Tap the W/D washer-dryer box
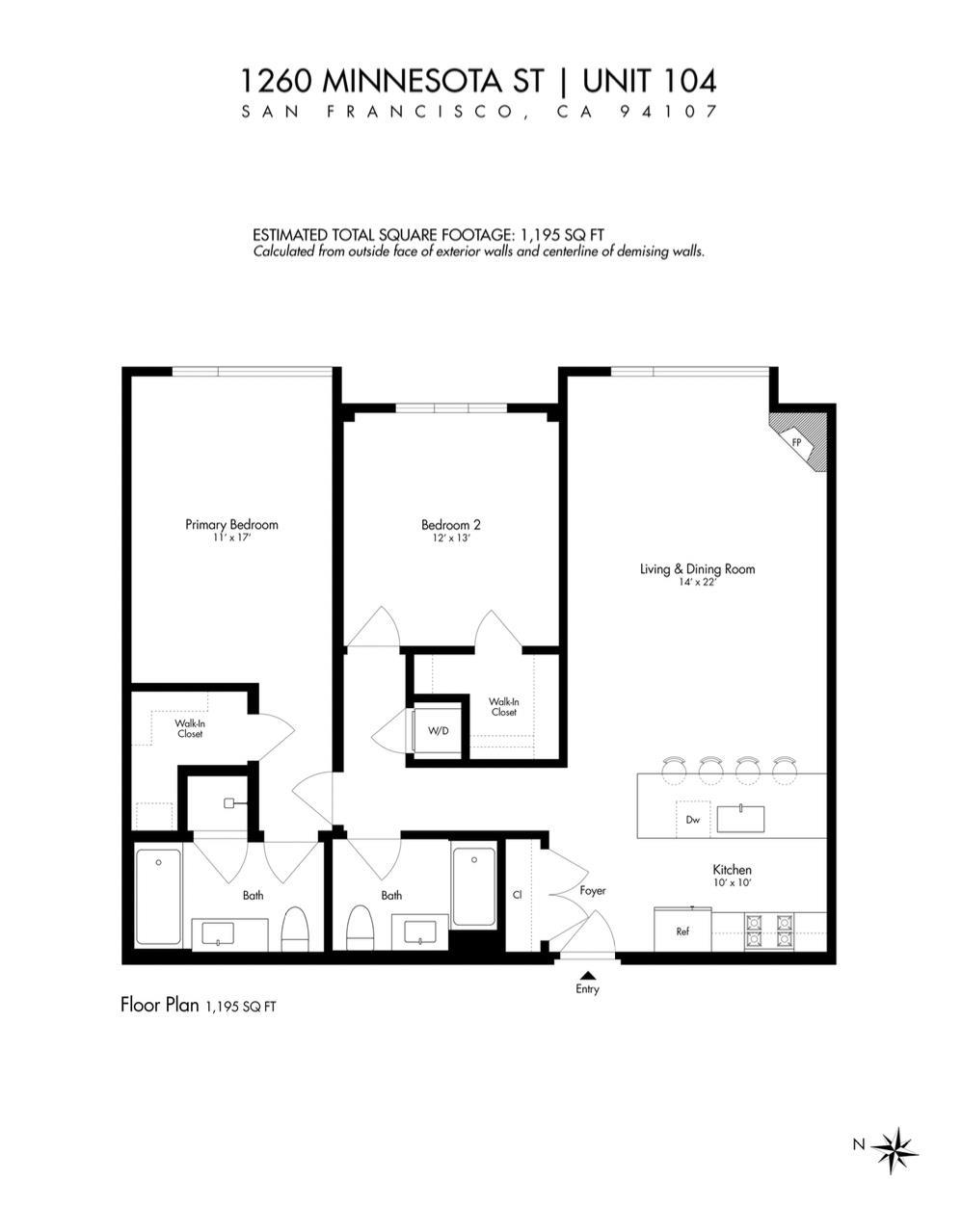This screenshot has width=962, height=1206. coord(438,731)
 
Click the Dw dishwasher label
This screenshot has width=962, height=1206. coord(693,820)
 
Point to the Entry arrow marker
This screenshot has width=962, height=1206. coord(587,975)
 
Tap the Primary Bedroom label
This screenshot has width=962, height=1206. coord(231,525)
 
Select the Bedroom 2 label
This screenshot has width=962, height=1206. coord(450,525)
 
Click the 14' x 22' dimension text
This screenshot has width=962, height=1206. coord(697,582)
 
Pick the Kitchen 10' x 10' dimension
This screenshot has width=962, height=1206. coord(732,882)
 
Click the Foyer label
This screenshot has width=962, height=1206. coord(593,890)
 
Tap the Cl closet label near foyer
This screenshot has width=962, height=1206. coord(517,895)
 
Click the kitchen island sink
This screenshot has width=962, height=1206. coord(740,819)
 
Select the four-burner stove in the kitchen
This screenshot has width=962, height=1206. coord(768,931)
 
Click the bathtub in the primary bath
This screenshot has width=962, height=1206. coord(159,897)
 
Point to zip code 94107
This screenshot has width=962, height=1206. coord(668,112)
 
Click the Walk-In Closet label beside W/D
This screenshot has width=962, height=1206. coord(503,707)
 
